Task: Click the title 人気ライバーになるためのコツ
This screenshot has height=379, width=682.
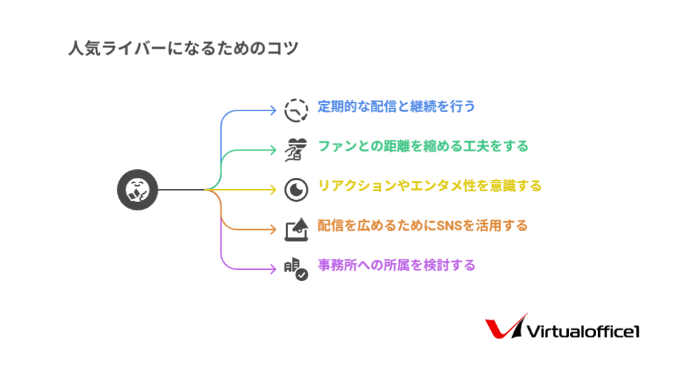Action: point(183,48)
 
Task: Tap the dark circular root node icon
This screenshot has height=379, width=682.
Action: point(137,190)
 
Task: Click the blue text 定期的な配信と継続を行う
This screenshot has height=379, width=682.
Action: point(396,106)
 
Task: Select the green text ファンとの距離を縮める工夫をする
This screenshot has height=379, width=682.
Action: point(423,146)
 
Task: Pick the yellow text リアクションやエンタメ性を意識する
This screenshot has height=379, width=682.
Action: point(430,186)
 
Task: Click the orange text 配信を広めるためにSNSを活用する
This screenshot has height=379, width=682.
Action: point(422,225)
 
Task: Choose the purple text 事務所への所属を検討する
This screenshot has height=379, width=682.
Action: point(396,265)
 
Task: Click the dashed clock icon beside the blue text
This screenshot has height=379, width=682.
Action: point(296,110)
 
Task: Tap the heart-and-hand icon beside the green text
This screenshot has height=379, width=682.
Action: point(296,150)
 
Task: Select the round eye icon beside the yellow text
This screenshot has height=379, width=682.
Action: point(296,190)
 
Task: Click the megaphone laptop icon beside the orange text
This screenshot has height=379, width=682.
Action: point(296,229)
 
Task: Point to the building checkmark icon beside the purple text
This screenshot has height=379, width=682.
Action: point(296,269)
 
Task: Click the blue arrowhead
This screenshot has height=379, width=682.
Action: point(273,111)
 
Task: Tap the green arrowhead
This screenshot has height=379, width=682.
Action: point(273,150)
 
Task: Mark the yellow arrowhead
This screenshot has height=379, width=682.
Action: point(273,190)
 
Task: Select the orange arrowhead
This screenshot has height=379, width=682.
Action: point(273,229)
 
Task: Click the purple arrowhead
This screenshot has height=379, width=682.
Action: point(273,269)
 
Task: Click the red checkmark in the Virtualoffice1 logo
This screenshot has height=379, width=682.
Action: point(505,327)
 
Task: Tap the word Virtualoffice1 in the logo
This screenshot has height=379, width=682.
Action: point(583,332)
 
